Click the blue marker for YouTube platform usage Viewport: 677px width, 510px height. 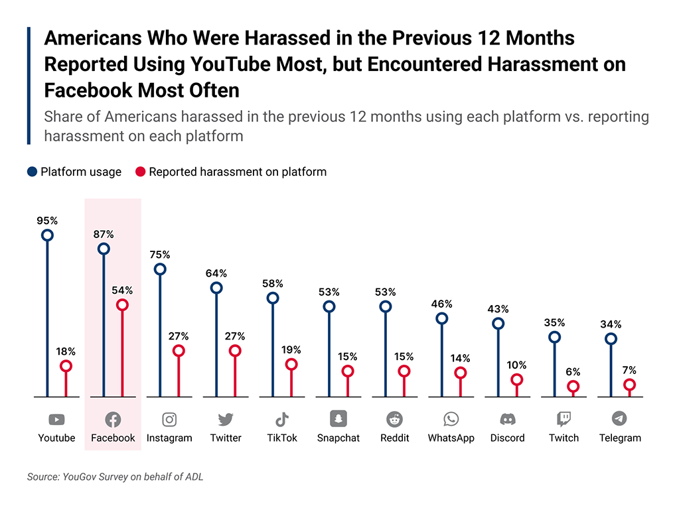tap(47, 235)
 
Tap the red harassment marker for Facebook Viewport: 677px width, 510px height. tap(121, 305)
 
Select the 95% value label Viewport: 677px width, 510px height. tap(47, 220)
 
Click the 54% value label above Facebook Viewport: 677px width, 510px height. tap(121, 290)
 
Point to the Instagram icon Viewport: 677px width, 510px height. tap(169, 419)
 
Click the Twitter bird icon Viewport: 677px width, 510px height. tap(226, 419)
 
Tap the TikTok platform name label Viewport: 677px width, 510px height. tap(282, 438)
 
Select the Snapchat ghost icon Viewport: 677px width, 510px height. tap(338, 418)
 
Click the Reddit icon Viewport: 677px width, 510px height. tap(395, 419)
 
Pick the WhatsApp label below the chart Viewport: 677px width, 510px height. tap(451, 438)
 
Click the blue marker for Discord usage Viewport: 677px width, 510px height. tap(498, 324)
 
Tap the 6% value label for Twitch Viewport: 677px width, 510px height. tap(573, 372)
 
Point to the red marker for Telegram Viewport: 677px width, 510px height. tap(629, 385)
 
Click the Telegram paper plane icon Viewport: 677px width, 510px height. tap(619, 418)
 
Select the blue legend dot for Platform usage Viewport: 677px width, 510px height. tap(32, 172)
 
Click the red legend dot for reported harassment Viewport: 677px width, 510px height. tap(140, 172)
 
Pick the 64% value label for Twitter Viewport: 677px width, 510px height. tap(216, 273)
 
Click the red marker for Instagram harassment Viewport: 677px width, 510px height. tap(178, 351)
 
